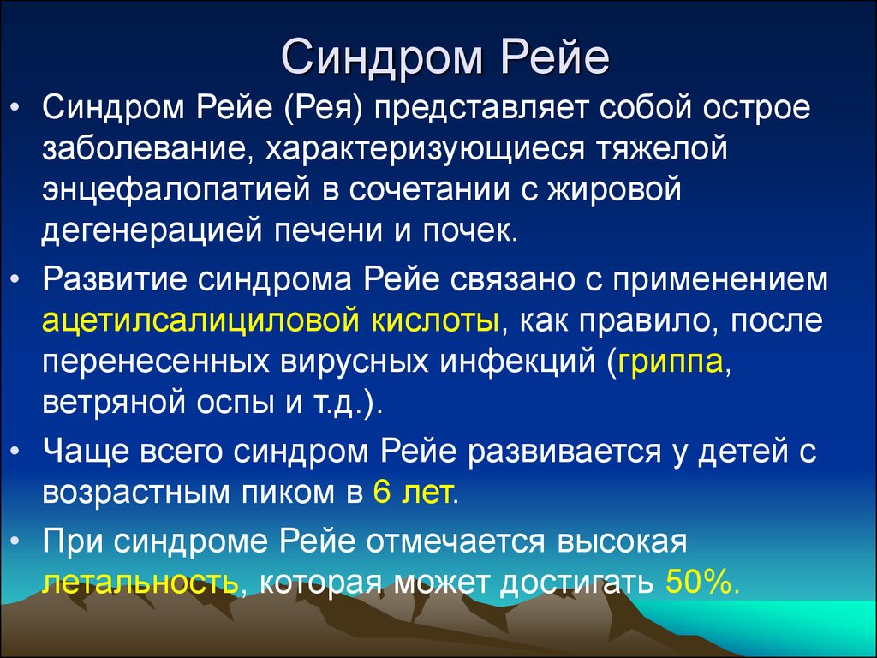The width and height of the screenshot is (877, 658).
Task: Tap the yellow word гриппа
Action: point(670,363)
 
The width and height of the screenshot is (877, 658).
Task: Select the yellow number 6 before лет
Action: point(381,493)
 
